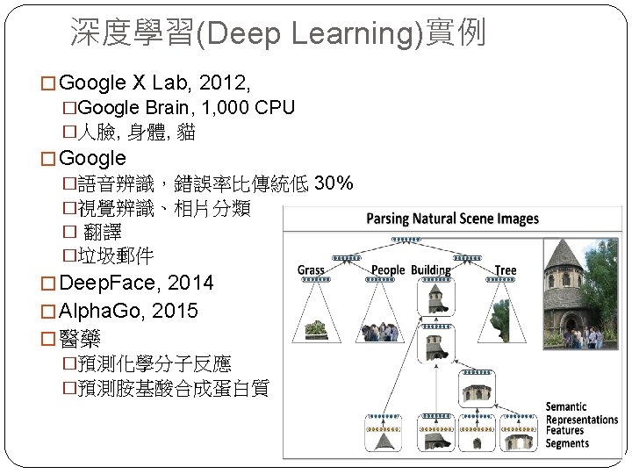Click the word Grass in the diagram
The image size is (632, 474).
[x=311, y=270]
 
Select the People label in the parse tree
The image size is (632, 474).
[x=388, y=270]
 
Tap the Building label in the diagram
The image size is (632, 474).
[x=431, y=270]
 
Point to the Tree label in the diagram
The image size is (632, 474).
[x=506, y=270]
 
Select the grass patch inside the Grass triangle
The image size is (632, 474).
[x=317, y=329]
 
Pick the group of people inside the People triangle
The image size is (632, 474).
[x=377, y=332]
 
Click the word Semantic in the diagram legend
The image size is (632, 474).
[x=566, y=407]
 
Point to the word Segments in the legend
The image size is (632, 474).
[x=567, y=443]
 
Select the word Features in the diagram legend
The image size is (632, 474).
[x=565, y=431]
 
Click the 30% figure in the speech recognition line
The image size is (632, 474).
[x=334, y=183]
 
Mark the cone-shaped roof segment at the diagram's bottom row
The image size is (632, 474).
[x=383, y=442]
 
